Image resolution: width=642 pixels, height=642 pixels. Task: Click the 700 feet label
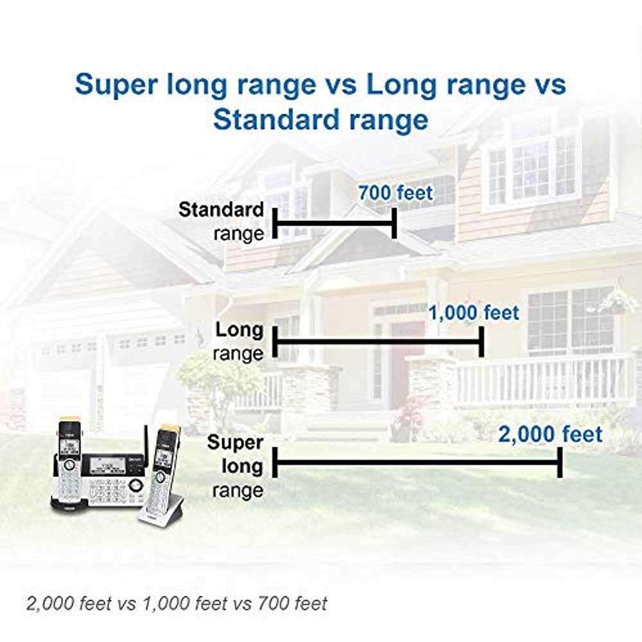[x=395, y=193]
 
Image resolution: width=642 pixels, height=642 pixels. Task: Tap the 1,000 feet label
[x=473, y=313]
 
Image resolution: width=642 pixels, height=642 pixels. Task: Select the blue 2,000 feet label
[x=551, y=435]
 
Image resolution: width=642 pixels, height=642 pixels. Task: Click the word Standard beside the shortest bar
[x=221, y=210]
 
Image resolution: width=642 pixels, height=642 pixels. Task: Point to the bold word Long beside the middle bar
[x=239, y=331]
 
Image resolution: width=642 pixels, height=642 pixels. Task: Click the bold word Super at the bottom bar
[x=235, y=443]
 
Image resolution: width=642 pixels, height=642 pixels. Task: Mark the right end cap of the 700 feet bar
[x=394, y=223]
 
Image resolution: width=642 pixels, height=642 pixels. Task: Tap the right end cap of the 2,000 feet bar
[x=560, y=462]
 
